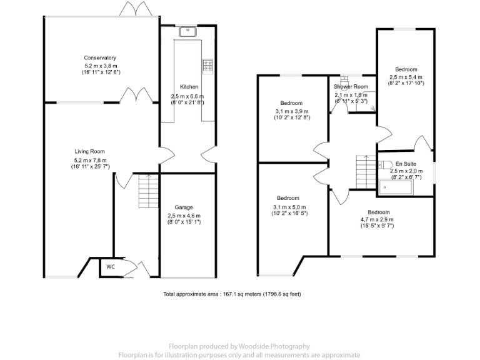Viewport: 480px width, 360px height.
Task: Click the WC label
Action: pyautogui.click(x=111, y=267)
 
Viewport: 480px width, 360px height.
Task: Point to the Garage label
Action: pyautogui.click(x=184, y=207)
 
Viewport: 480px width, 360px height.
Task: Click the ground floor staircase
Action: pyautogui.click(x=146, y=191)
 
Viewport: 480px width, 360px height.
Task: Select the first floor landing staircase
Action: pyautogui.click(x=363, y=168)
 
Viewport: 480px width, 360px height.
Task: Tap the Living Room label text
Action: pyautogui.click(x=89, y=151)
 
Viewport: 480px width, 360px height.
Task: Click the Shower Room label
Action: pyautogui.click(x=351, y=87)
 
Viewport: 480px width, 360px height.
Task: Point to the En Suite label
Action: pyautogui.click(x=406, y=164)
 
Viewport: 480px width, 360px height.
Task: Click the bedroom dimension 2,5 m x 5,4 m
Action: pyautogui.click(x=406, y=77)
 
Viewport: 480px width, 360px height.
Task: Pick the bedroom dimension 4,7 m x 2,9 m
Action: pyautogui.click(x=378, y=219)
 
